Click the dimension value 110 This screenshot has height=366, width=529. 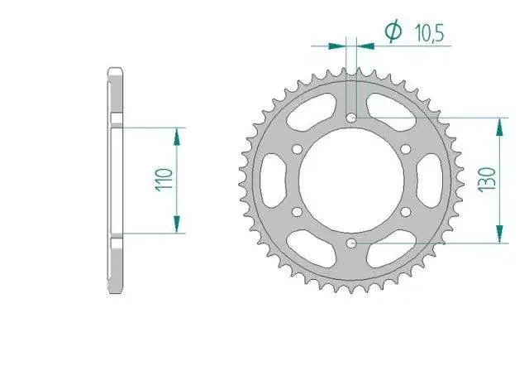click(164, 181)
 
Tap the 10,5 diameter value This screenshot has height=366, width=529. click(429, 33)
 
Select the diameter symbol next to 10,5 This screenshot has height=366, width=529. click(393, 31)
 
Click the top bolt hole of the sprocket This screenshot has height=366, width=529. click(351, 118)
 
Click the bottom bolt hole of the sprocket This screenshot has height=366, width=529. click(351, 243)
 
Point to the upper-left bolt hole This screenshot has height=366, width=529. click(297, 149)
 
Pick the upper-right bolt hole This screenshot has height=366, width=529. click(406, 149)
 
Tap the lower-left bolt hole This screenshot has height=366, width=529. click(297, 212)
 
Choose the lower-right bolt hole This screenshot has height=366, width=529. click(406, 212)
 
